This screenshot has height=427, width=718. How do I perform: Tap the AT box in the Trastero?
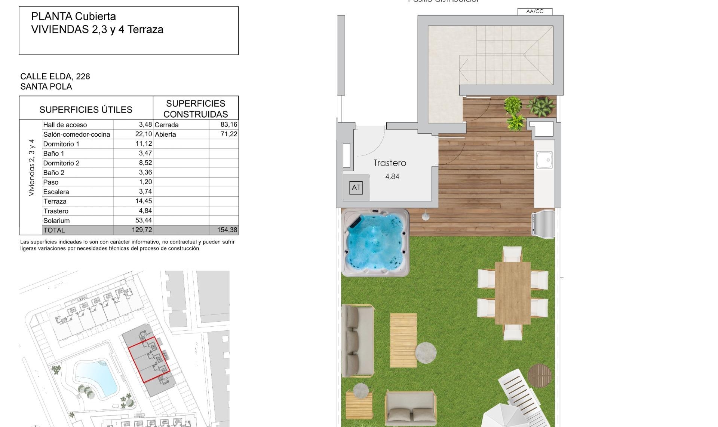[356, 188]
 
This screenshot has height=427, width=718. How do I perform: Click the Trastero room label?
[390, 163]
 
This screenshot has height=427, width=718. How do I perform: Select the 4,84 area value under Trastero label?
[392, 177]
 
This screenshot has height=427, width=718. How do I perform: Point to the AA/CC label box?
[535, 11]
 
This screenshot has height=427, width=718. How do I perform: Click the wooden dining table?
[512, 293]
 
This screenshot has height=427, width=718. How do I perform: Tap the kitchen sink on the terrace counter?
[544, 160]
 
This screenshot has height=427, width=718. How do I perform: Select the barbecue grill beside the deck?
[543, 224]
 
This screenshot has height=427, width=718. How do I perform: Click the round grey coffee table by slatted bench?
[426, 352]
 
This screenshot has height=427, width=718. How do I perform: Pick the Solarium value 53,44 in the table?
[144, 221]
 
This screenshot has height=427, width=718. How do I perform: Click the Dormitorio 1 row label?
[61, 144]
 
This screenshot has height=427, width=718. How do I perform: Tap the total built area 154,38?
[227, 230]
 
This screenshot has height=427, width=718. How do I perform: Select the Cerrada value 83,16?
[229, 124]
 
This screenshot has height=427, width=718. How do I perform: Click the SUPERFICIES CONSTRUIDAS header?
[196, 109]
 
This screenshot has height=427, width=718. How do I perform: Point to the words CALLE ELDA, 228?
[55, 76]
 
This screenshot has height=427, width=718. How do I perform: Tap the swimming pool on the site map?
[96, 376]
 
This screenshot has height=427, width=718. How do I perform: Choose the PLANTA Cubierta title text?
[73, 16]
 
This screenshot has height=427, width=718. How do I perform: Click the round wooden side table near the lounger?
[540, 376]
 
